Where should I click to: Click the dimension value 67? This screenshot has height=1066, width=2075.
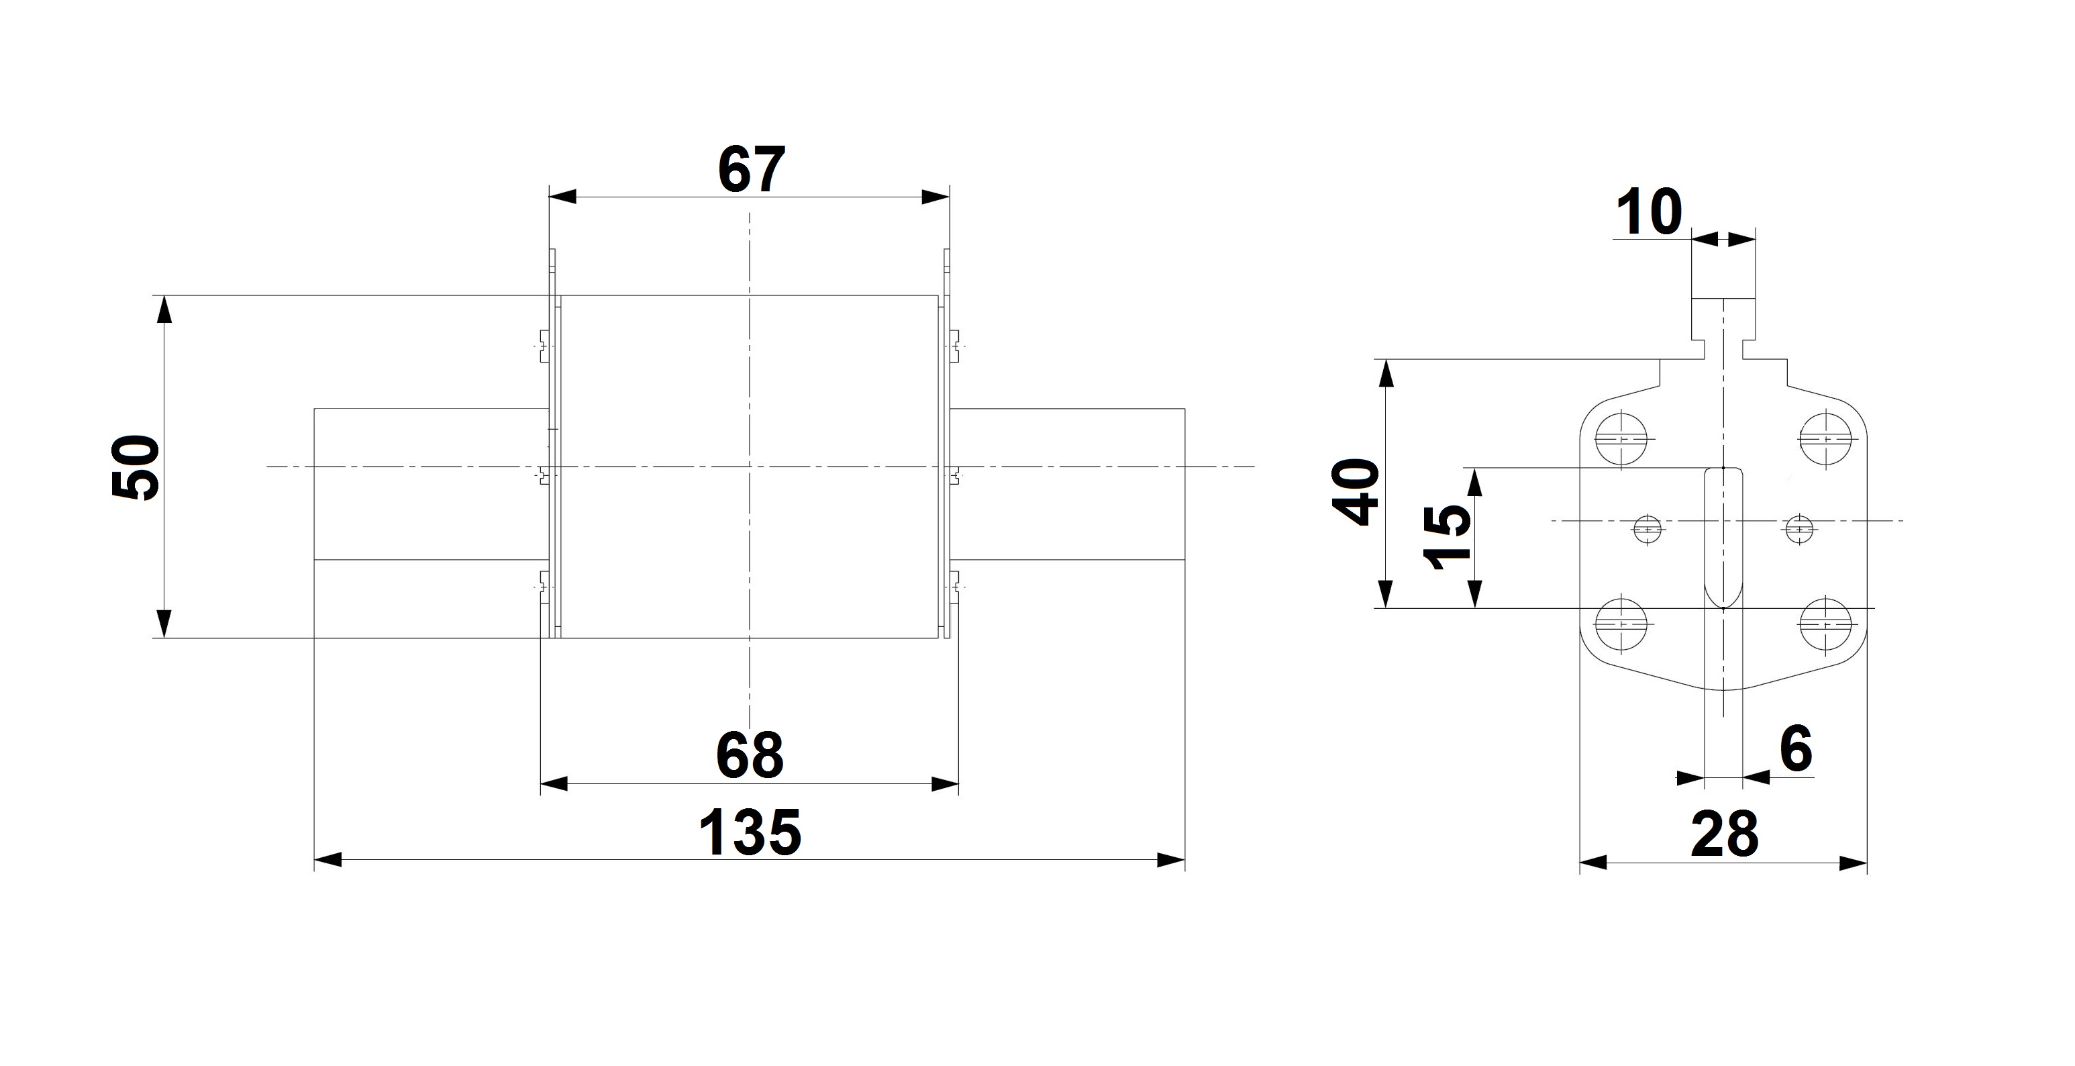[x=751, y=170]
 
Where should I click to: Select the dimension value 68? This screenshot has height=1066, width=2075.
[x=750, y=755]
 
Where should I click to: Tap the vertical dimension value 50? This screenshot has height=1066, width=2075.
[x=136, y=467]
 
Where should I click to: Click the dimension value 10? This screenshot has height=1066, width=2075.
[x=1649, y=212]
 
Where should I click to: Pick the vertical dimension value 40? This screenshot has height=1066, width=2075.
[x=1356, y=491]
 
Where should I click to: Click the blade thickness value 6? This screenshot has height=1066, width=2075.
[x=1795, y=748]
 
